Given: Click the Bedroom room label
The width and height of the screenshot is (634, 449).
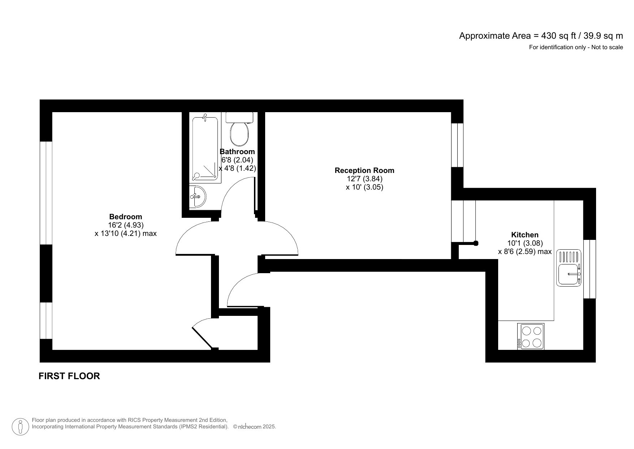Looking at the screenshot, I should click(x=125, y=217).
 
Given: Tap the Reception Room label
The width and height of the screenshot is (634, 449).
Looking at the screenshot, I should click(x=364, y=170).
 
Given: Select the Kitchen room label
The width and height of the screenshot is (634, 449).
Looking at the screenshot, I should click(x=525, y=235).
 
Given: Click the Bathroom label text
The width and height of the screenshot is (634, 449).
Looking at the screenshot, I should click(x=237, y=152).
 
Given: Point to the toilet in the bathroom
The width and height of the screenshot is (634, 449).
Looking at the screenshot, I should click(x=239, y=131).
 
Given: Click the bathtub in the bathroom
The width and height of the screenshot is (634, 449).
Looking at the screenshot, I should click(x=205, y=148).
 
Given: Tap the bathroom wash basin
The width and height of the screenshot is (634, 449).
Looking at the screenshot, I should click(x=197, y=196).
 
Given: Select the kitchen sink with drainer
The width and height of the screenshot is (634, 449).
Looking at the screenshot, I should click(x=569, y=268).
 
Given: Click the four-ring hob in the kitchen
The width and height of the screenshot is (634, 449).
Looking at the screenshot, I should click(x=530, y=336).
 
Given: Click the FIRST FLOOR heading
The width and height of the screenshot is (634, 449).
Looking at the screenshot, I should click(x=69, y=376).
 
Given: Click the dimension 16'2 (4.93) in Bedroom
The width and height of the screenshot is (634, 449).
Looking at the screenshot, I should click(x=125, y=225).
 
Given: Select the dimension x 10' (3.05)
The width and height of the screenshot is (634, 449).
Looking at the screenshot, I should click(x=364, y=187).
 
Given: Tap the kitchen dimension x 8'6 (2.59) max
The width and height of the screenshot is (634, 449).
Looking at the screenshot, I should click(x=525, y=251).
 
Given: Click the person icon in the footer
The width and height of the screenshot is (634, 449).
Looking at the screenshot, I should click(x=21, y=427).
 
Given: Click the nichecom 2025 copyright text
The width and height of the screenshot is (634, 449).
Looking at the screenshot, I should click(x=255, y=427).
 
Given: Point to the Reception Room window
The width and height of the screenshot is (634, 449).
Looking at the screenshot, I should click(x=457, y=145).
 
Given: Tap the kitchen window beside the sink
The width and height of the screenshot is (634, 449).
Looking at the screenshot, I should click(x=590, y=269).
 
